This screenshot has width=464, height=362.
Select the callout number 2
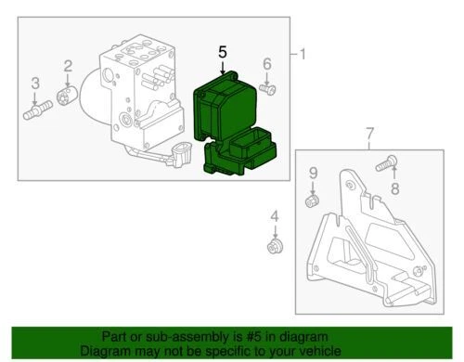tap(67, 64)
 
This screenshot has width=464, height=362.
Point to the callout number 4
tap(273, 218)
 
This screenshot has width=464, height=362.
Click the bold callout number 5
tap(222, 53)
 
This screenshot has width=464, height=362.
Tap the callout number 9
tap(313, 174)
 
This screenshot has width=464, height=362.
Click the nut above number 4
tap(273, 246)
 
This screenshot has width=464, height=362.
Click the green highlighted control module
tap(227, 121)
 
